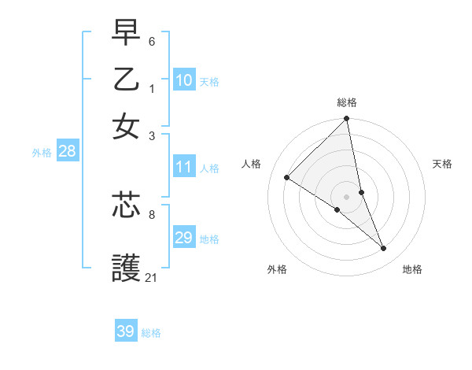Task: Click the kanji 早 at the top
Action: coord(127,35)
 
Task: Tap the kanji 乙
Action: coord(127,80)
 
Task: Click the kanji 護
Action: coord(127,268)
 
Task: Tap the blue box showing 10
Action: coord(184,80)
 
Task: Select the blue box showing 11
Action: coord(184,167)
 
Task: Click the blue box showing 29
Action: coord(184,238)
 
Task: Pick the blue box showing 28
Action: coord(67,151)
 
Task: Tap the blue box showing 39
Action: coord(126,331)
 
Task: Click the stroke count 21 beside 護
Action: coord(151,277)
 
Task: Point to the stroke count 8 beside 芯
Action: coord(152,213)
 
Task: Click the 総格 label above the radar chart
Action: coord(347,102)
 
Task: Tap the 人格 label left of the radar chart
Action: coord(252,164)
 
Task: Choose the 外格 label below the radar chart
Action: coord(277,269)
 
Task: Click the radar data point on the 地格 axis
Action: coord(384,249)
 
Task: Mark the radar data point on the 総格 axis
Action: coord(347,120)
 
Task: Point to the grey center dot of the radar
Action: coord(347,196)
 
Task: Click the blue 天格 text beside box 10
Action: coord(209,81)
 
